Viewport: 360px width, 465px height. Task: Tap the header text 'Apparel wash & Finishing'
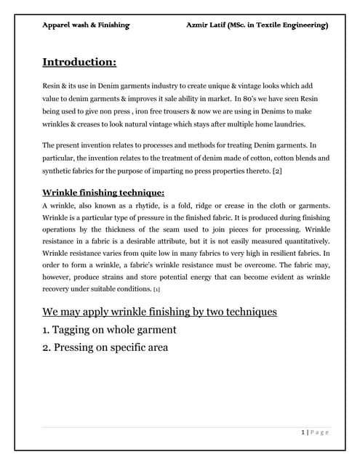pos(86,25)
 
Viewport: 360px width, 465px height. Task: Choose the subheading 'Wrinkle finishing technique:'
pos(103,193)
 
